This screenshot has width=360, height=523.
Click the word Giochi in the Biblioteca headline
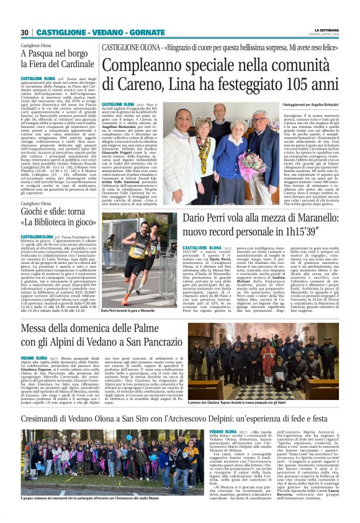pos(35,213)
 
